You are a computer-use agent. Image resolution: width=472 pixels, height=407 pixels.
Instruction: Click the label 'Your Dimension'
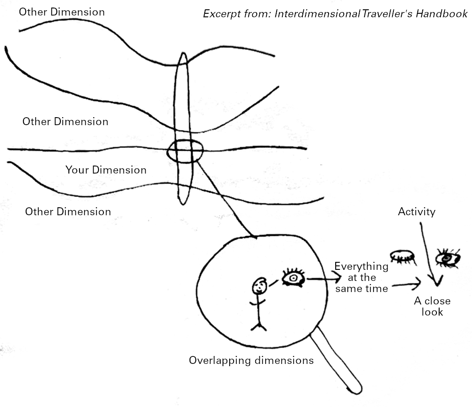(x=106, y=170)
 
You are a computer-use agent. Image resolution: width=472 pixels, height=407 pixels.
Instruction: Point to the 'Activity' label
(x=416, y=212)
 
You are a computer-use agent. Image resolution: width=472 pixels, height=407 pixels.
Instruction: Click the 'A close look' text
(x=432, y=306)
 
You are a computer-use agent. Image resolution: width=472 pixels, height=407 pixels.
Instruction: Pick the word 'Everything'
(x=361, y=266)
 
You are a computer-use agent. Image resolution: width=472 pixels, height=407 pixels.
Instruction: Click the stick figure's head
(x=259, y=286)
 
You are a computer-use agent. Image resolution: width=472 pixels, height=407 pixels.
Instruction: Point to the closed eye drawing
(x=402, y=257)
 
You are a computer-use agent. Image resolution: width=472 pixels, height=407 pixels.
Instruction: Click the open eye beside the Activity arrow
(x=448, y=258)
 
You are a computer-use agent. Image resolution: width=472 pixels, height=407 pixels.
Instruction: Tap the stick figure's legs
(x=258, y=326)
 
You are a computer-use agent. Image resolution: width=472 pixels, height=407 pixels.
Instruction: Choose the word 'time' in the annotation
(x=377, y=288)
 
